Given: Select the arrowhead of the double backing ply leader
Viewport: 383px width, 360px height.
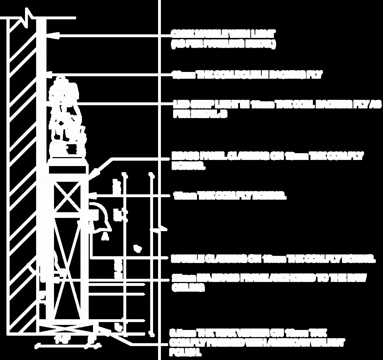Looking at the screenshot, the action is click(50, 75).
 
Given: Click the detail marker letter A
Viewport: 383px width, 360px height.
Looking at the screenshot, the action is click(105, 236).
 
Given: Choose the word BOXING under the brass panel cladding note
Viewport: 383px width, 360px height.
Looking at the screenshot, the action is click(189, 166).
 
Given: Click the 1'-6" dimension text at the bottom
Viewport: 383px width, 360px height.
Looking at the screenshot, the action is click(60, 340).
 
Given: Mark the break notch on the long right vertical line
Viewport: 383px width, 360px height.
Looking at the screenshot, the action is click(159, 229).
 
